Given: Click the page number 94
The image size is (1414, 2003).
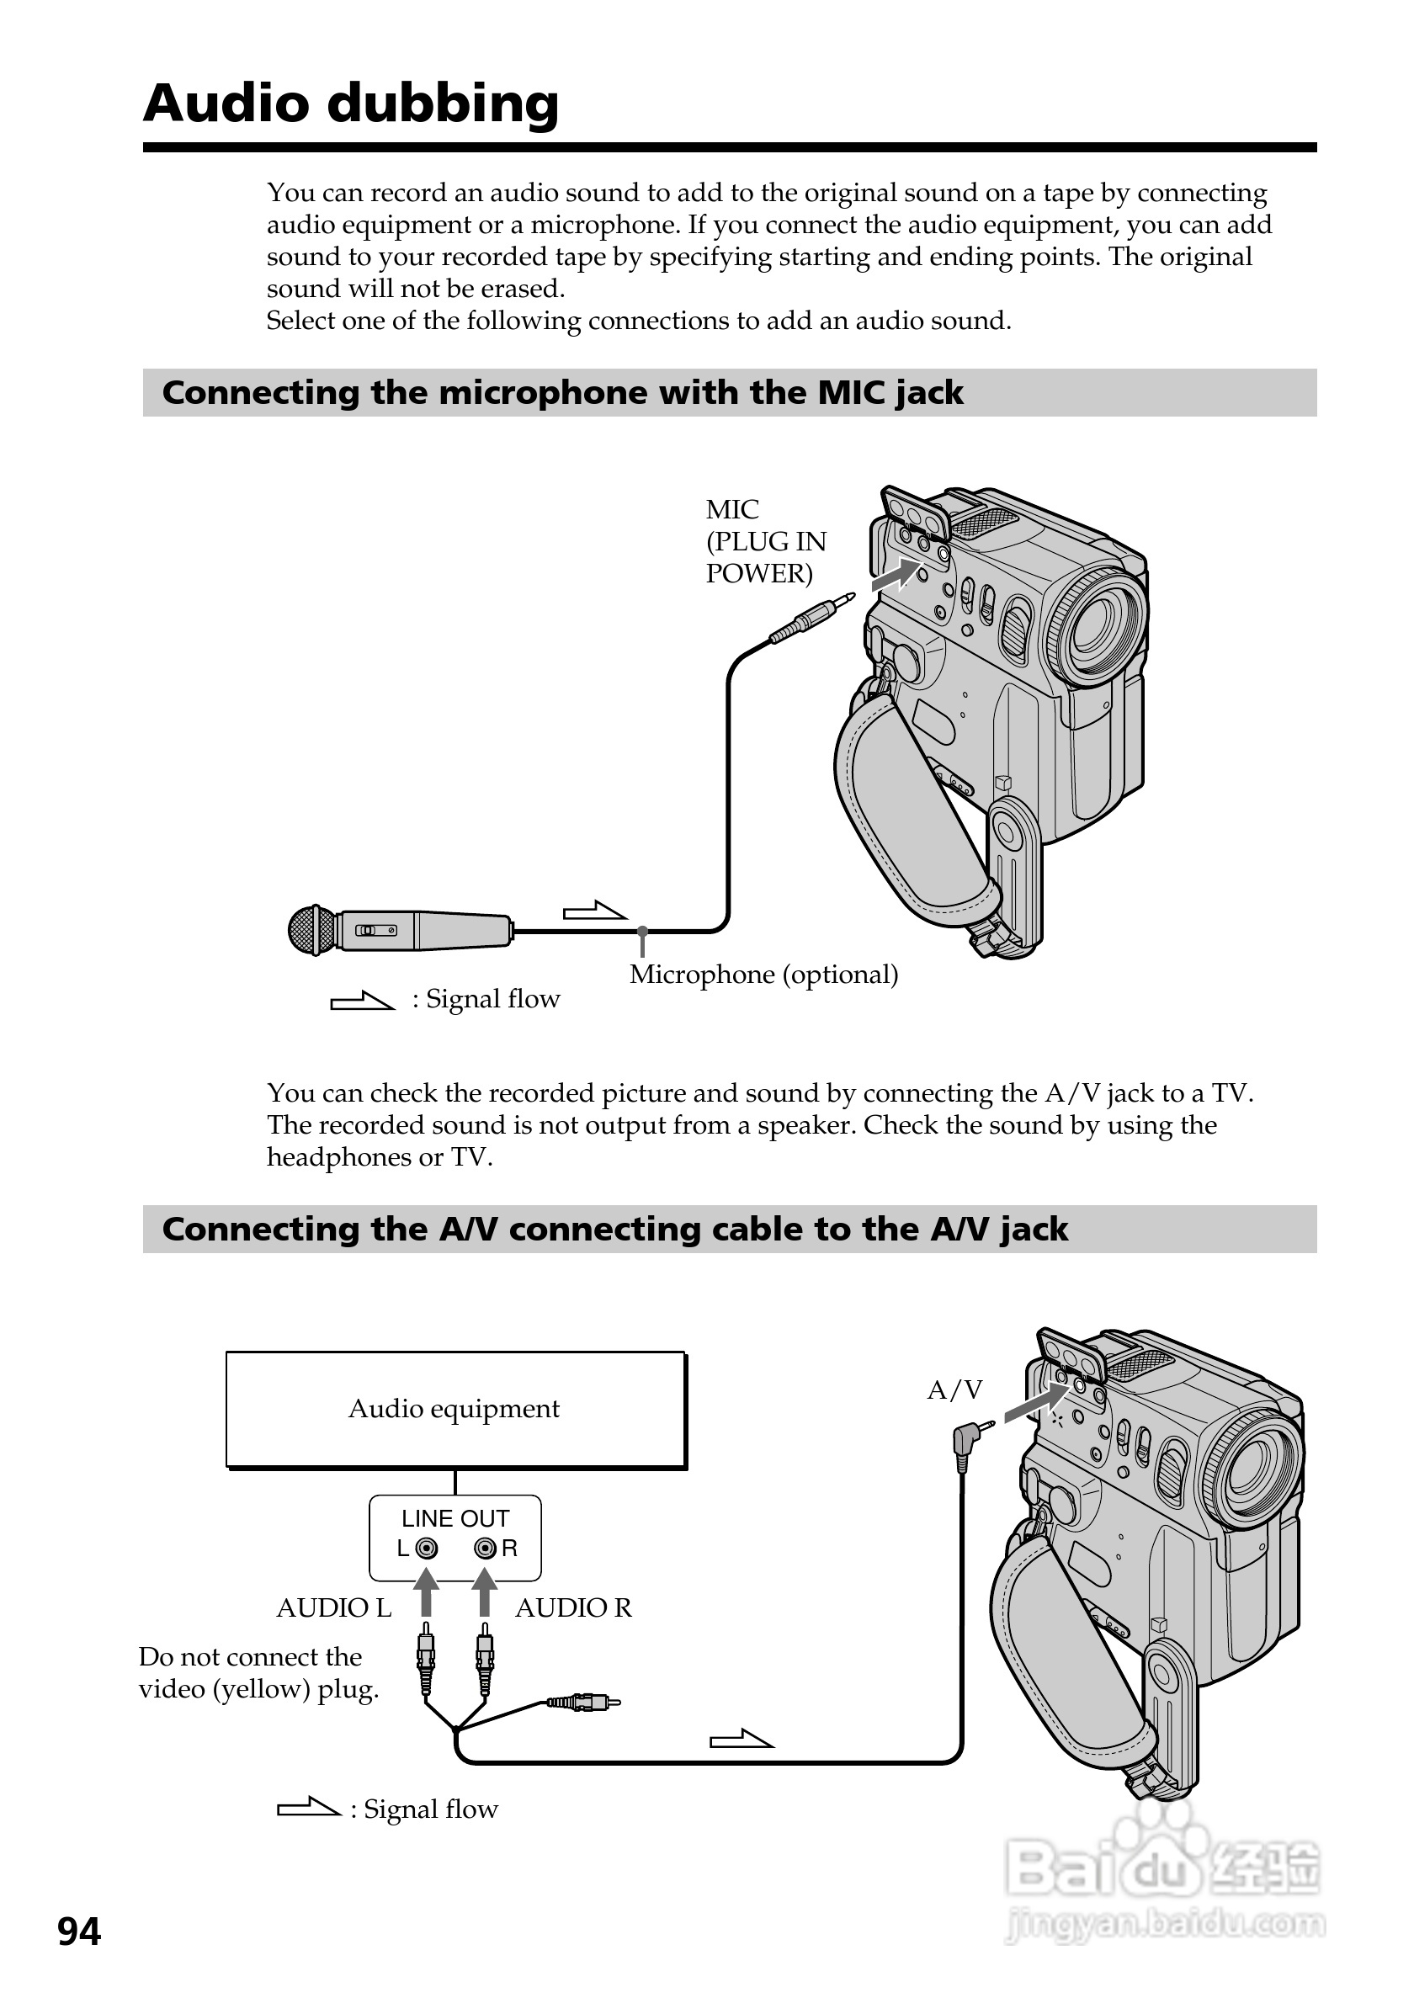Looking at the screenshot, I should pyautogui.click(x=79, y=1931).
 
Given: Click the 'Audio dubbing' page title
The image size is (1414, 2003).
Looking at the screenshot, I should pyautogui.click(x=351, y=104).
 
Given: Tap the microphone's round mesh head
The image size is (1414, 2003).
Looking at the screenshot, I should pyautogui.click(x=311, y=930).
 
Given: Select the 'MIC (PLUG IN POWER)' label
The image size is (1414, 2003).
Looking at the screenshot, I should pyautogui.click(x=765, y=542).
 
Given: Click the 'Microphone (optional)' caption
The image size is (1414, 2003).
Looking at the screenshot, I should pyautogui.click(x=763, y=975).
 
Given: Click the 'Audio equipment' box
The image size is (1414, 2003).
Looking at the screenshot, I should pyautogui.click(x=454, y=1409).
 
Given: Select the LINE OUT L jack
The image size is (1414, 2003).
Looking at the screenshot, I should pyautogui.click(x=427, y=1549).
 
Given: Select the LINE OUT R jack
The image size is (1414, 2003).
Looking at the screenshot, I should pyautogui.click(x=485, y=1549).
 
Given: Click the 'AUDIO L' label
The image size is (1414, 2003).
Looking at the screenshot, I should pyautogui.click(x=334, y=1607).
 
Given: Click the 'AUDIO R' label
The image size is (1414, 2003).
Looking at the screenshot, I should pyautogui.click(x=573, y=1607).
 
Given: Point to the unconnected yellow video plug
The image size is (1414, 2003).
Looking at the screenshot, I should pyautogui.click(x=584, y=1701).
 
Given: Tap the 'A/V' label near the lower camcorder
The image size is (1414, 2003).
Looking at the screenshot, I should pyautogui.click(x=954, y=1389).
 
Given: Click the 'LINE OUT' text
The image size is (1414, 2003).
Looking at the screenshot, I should pyautogui.click(x=454, y=1519).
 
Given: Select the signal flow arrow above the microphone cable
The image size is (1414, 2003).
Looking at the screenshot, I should pyautogui.click(x=595, y=911).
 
